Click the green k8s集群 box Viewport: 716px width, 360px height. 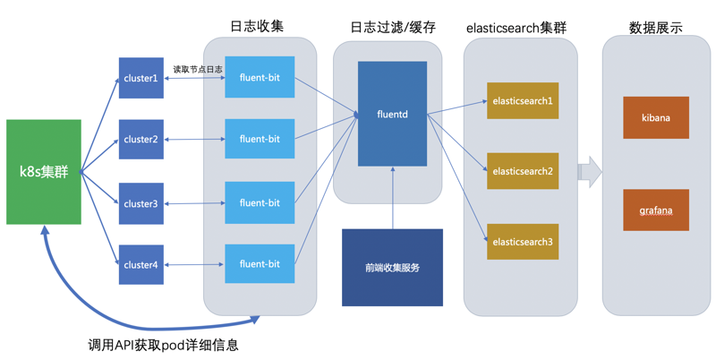(44, 171)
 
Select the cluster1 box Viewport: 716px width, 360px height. (141, 78)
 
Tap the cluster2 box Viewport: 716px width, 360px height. (141, 140)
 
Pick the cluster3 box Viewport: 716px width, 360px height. (141, 203)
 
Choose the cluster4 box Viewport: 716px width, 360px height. (141, 264)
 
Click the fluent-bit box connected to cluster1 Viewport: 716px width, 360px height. (260, 78)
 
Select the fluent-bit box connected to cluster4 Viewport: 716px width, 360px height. (260, 264)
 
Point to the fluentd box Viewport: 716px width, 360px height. (392, 114)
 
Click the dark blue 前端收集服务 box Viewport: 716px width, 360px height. (392, 268)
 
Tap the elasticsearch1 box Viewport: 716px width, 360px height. (523, 101)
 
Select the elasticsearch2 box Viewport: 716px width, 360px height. (523, 171)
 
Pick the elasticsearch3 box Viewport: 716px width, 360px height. (523, 242)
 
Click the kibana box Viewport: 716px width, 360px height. (656, 117)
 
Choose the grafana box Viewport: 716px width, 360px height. (656, 210)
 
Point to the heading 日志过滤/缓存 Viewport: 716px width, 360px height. (393, 27)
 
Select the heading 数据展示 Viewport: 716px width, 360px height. (656, 27)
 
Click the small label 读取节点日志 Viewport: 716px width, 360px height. (198, 69)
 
